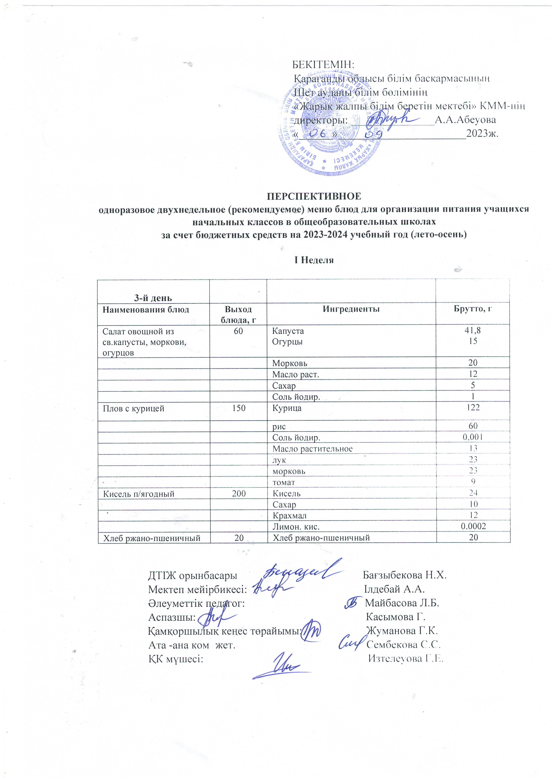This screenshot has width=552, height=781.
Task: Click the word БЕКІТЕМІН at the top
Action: click(x=323, y=64)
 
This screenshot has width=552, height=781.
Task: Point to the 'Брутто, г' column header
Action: click(x=473, y=309)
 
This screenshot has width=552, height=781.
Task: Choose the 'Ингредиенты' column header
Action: click(x=351, y=309)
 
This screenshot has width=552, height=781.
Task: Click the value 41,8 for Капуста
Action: click(x=473, y=330)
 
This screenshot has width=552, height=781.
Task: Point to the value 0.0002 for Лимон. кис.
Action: click(x=473, y=526)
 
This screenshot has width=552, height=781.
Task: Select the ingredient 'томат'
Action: click(x=284, y=482)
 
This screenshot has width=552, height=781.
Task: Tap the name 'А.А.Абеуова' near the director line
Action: click(x=465, y=120)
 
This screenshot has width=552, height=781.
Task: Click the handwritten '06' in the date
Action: click(x=318, y=133)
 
